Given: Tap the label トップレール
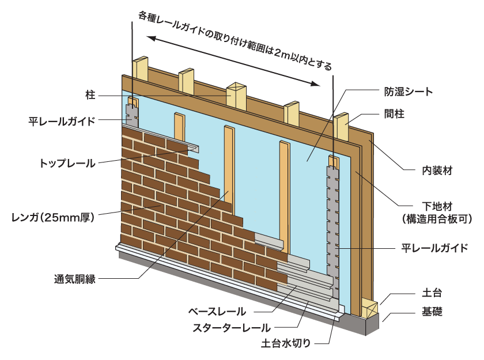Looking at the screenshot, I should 67,163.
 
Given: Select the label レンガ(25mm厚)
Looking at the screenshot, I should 52,217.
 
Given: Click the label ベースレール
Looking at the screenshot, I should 217,312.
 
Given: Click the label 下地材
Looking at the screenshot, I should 429,206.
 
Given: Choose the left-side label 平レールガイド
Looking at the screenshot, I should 62,122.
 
